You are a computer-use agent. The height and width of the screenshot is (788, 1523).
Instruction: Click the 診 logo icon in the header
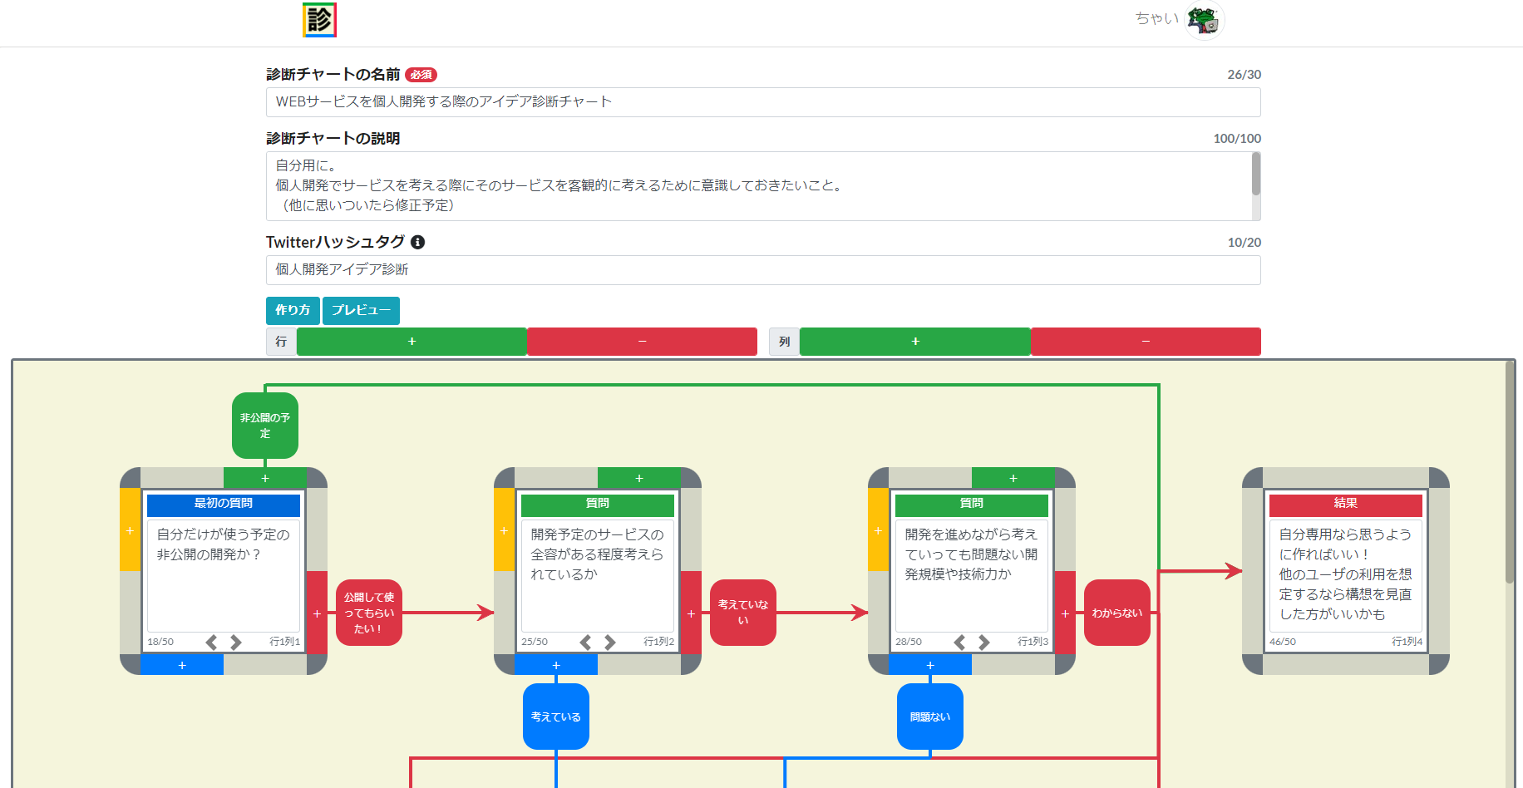point(319,20)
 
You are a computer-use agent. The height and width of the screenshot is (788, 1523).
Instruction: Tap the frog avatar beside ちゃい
point(1204,20)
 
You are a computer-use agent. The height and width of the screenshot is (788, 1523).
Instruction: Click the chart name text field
point(762,102)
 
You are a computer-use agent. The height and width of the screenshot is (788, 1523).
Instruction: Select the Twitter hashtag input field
point(762,270)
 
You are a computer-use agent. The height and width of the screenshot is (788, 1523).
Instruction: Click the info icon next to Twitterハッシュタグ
point(418,242)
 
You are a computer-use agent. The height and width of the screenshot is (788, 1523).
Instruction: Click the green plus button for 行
point(412,342)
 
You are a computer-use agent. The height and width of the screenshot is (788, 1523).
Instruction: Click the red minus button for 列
point(1145,342)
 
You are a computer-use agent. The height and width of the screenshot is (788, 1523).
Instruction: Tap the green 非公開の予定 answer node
point(265,426)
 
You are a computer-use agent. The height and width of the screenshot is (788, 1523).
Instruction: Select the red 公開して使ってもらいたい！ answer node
point(369,613)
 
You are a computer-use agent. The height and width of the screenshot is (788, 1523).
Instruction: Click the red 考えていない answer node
point(743,613)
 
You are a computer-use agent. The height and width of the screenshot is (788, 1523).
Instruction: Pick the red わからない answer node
point(1117,613)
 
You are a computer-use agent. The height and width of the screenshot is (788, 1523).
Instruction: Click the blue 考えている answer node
point(556,717)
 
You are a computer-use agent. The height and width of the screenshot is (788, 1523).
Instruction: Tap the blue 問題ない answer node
point(930,717)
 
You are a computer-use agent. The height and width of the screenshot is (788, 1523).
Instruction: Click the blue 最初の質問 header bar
point(224,504)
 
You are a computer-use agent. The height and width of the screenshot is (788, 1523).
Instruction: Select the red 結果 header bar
point(1345,504)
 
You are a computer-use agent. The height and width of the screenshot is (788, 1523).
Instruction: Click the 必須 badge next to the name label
point(421,75)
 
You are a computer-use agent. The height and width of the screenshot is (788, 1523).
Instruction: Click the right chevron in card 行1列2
point(610,642)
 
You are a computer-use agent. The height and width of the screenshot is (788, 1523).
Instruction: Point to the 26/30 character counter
point(1244,75)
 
